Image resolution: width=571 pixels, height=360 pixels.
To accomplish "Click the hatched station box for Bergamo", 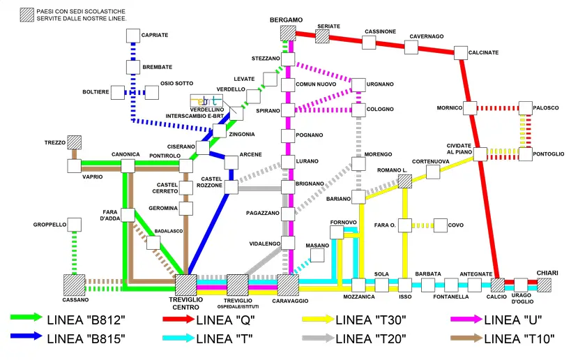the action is click(288, 33).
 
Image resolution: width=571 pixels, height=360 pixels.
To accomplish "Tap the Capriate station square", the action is click(133, 36).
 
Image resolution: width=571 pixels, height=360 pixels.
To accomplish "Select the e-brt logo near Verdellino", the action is click(206, 100).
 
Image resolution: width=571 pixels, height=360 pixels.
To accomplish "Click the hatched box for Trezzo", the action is click(75, 142).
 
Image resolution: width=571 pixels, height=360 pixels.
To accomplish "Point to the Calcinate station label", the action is click(483, 52).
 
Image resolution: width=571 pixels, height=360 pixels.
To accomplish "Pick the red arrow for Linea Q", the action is click(178, 320).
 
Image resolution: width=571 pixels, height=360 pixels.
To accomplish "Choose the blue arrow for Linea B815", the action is click(26, 336).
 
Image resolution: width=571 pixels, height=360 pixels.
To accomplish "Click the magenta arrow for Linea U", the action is click(466, 320).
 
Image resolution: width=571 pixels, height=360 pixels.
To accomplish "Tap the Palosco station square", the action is click(526, 108).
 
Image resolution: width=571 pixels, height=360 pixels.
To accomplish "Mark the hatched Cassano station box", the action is click(75, 285).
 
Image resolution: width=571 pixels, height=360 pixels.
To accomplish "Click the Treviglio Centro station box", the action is click(185, 285).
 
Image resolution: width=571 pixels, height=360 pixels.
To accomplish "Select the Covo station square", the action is click(440, 225).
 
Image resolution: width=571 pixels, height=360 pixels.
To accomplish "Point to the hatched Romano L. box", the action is click(405, 181).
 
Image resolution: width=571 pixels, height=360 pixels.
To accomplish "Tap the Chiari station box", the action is click(544, 285).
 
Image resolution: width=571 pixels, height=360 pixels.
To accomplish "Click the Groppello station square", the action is click(75, 225).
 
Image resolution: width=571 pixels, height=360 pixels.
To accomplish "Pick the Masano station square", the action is click(317, 255).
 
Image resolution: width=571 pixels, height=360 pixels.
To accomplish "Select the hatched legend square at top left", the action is click(27, 15).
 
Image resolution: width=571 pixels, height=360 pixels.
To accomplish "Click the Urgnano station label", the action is click(380, 84).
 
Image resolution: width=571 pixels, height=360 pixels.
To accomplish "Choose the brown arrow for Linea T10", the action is click(466, 338).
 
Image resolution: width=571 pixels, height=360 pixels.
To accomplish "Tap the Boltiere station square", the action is click(118, 93).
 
